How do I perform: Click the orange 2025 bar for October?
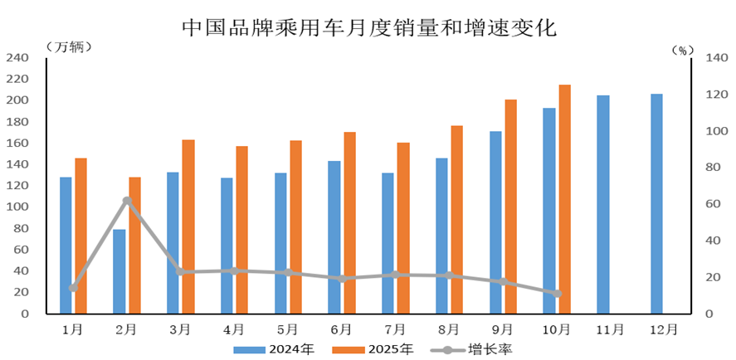[x=564, y=199]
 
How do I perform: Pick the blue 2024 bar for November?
[x=603, y=204]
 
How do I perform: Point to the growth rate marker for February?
[x=127, y=201]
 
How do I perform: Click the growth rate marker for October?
[x=557, y=294]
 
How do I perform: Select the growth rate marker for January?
[x=73, y=288]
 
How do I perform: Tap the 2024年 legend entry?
[x=274, y=349]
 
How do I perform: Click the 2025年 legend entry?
[x=372, y=349]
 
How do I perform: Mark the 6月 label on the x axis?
[x=341, y=329]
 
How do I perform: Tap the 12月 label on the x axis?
[x=663, y=329]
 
